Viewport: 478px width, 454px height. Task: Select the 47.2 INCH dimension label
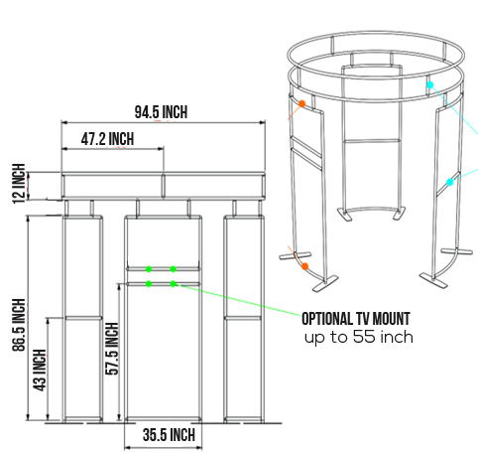pos(106,139)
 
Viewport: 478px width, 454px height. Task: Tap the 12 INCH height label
pos(17,185)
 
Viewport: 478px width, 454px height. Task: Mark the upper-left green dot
pos(149,268)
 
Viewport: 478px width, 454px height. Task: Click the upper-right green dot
pos(173,268)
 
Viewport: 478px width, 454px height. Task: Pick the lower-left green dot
pos(149,284)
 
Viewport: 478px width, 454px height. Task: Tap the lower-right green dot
pos(173,284)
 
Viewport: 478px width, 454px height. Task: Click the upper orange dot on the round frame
pos(301,102)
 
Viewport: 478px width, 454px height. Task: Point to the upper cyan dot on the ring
pos(429,86)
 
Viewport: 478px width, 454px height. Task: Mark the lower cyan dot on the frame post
pos(449,182)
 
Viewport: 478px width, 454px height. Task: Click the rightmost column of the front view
pos(243,318)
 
